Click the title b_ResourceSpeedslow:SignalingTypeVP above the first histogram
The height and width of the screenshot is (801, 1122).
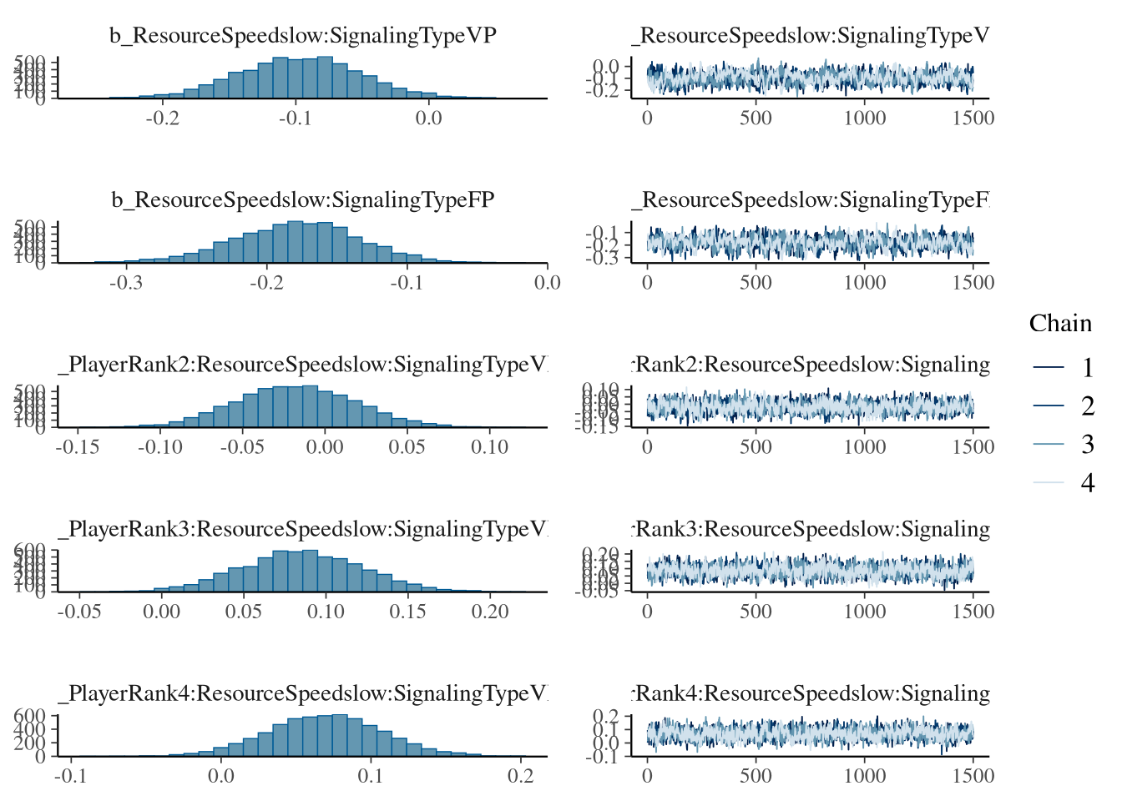click(303, 36)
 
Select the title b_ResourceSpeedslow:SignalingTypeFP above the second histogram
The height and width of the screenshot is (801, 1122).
click(303, 200)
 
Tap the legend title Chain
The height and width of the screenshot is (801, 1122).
click(1060, 324)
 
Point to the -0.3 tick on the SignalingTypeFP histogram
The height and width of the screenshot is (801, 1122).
click(125, 283)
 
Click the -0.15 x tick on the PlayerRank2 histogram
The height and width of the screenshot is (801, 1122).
click(78, 447)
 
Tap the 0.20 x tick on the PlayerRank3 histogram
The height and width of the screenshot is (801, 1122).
click(489, 612)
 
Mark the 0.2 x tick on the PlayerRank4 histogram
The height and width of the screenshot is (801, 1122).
click(520, 776)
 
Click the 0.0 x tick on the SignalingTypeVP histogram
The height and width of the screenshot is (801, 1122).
click(428, 118)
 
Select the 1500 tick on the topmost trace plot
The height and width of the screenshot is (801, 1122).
click(973, 118)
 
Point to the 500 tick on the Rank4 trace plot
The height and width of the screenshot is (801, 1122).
click(756, 776)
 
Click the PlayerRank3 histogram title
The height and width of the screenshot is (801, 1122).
click(303, 529)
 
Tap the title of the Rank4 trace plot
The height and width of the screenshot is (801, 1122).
click(811, 693)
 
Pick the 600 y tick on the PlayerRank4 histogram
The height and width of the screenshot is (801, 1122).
click(29, 716)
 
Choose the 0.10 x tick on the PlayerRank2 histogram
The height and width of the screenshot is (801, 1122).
click(489, 447)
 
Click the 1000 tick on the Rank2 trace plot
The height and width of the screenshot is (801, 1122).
click(864, 447)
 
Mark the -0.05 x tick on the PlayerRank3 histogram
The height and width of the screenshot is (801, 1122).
click(79, 612)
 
